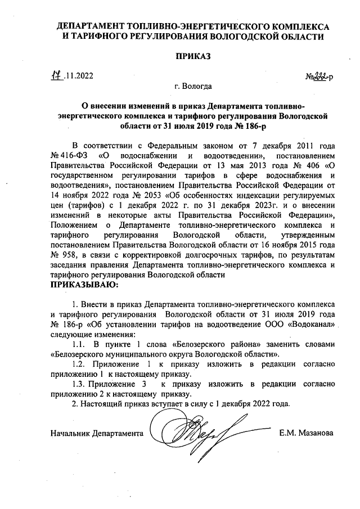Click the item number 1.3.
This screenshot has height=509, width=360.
[81, 384]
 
